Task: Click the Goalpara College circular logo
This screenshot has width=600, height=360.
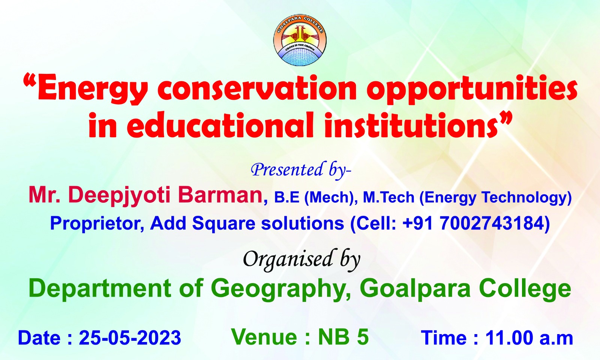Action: (x=300, y=40)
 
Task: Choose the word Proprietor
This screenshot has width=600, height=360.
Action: (x=95, y=223)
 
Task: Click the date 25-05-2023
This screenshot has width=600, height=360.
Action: (x=130, y=337)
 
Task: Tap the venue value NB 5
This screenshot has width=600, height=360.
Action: (x=343, y=337)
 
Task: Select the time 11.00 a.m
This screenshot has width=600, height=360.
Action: (x=529, y=337)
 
